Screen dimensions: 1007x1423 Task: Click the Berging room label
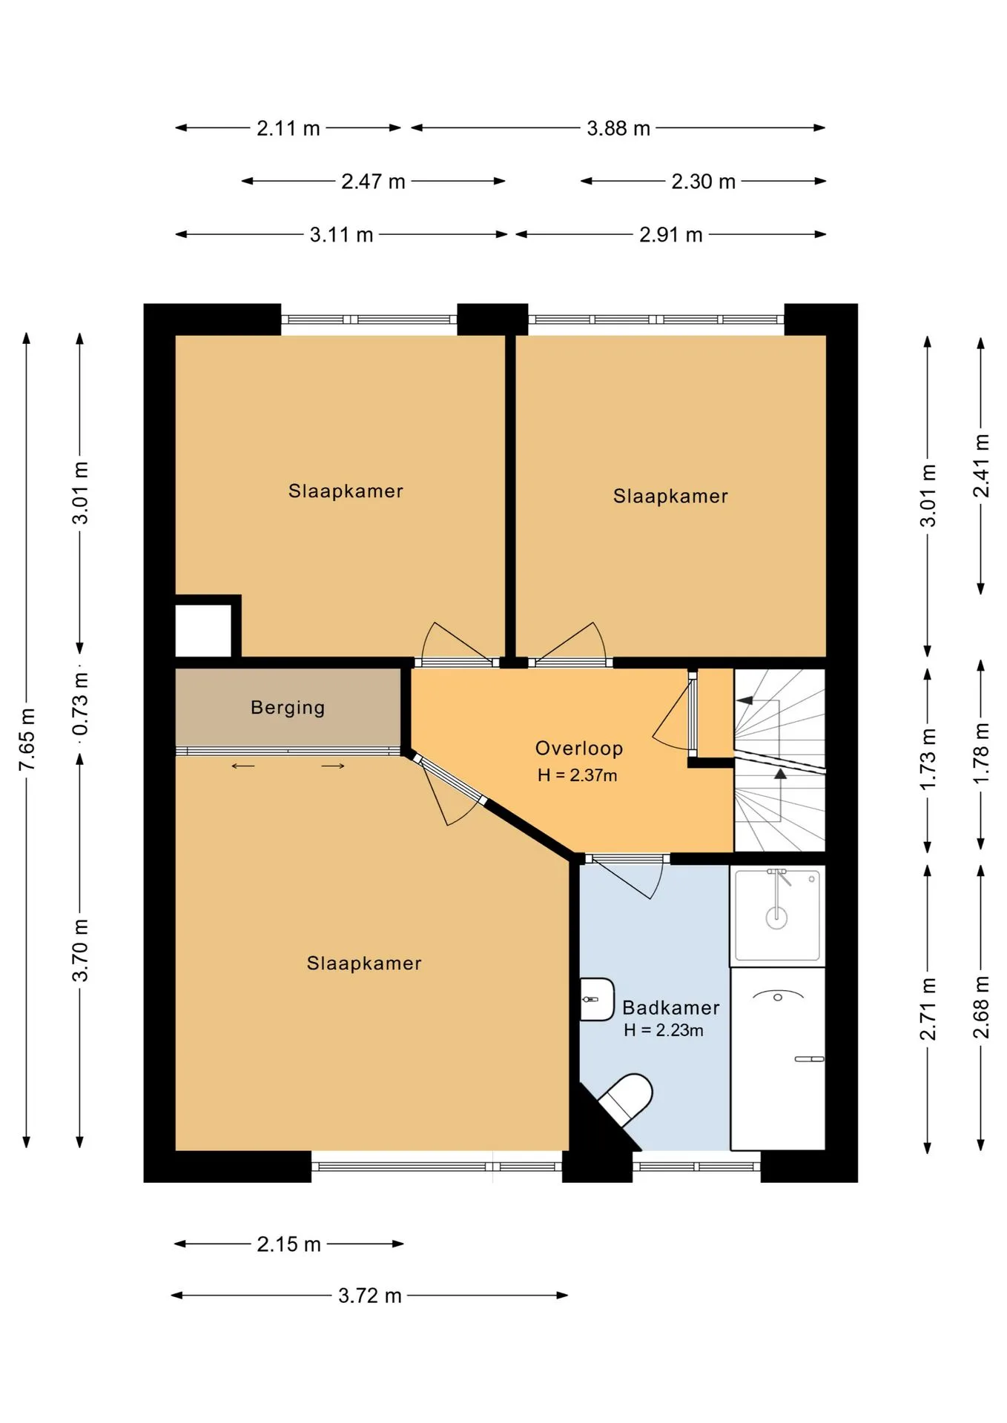point(288,708)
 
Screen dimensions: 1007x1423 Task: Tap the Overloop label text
point(579,749)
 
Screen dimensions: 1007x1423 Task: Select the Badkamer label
point(671,1008)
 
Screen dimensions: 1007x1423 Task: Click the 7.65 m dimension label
point(27,739)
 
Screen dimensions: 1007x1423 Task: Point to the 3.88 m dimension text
point(618,128)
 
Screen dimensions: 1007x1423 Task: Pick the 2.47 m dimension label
point(373,182)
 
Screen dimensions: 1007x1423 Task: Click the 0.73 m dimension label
point(81,704)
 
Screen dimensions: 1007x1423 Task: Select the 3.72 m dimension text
point(370,1296)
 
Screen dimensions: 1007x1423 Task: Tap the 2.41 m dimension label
point(981,465)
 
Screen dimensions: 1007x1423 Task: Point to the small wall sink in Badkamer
point(596,999)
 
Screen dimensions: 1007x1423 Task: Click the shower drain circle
point(776,918)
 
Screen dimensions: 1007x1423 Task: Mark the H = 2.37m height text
point(578,775)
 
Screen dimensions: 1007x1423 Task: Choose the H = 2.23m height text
point(664,1030)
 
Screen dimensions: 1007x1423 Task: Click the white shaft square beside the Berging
point(203,631)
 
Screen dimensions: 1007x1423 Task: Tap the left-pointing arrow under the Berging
point(242,766)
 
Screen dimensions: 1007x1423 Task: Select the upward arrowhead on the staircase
point(780,774)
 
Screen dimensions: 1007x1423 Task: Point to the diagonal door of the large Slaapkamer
point(448,779)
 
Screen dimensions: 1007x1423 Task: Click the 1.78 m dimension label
point(981,754)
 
